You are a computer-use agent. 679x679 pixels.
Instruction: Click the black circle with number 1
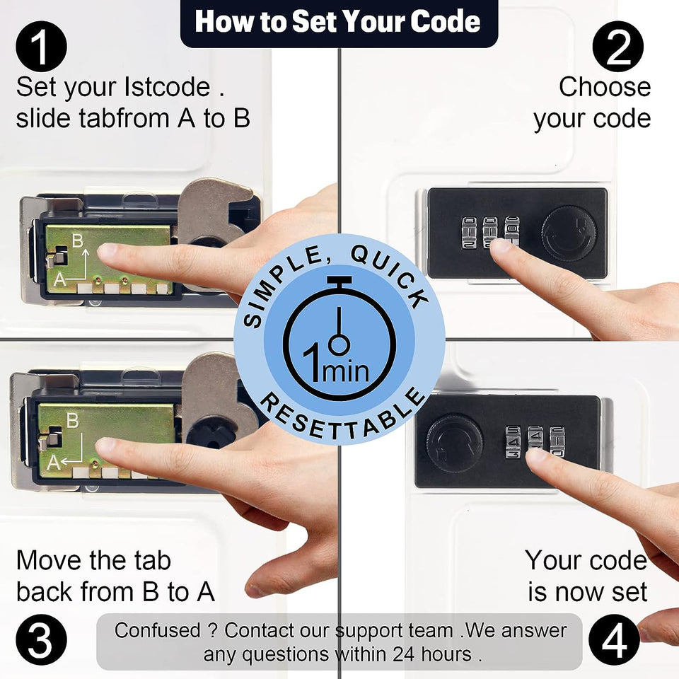pos(41,47)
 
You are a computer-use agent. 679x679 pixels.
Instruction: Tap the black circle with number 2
pos(618,47)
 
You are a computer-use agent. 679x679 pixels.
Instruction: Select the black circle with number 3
pos(41,639)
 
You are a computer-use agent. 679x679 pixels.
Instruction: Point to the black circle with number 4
pos(614,639)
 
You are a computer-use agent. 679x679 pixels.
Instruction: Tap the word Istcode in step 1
pos(167,87)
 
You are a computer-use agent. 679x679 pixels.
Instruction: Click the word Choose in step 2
pos(605,87)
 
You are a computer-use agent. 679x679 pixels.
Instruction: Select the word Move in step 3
pos(48,560)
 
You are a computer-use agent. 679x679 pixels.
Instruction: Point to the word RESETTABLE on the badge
pos(343,416)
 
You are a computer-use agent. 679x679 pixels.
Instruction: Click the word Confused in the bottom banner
pos(158,630)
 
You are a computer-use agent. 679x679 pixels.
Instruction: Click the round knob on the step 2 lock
pos(569,233)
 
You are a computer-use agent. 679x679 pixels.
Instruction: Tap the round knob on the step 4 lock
pos(454,443)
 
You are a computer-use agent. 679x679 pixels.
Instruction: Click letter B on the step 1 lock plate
pos(78,240)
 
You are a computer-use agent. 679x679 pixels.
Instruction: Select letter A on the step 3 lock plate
pos(53,463)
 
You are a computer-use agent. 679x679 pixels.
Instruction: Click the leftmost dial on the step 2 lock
pos(468,233)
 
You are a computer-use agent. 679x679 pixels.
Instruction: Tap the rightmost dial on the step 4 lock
pos(557,441)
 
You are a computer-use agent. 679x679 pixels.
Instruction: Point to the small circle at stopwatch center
pos(339,345)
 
